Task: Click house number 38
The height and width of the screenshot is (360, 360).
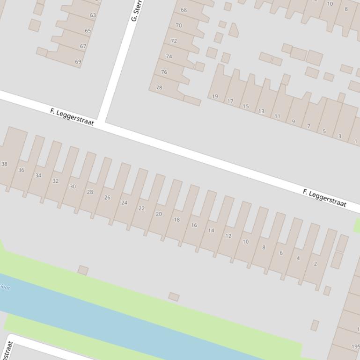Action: [4, 164]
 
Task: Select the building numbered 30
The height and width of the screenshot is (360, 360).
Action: [73, 187]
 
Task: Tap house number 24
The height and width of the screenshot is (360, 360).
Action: [124, 203]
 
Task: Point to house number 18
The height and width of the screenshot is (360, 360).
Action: [176, 220]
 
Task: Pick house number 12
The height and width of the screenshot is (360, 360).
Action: [228, 236]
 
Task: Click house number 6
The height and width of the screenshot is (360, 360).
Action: [281, 253]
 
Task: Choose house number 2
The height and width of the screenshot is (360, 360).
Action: [316, 264]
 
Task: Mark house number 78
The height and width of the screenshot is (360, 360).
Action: [159, 87]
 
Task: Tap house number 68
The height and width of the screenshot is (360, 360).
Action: [184, 10]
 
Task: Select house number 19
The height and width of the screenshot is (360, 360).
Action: [215, 97]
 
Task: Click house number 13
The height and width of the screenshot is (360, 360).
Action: [261, 111]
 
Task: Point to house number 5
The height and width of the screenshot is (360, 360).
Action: [324, 131]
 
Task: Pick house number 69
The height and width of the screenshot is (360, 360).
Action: [78, 62]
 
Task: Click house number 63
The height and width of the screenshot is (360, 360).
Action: [93, 15]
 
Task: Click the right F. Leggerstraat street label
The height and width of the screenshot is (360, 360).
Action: [324, 198]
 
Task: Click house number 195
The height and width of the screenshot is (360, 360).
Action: [355, 347]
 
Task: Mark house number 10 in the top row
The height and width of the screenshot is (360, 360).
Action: [330, 4]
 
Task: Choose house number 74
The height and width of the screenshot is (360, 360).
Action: [169, 57]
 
